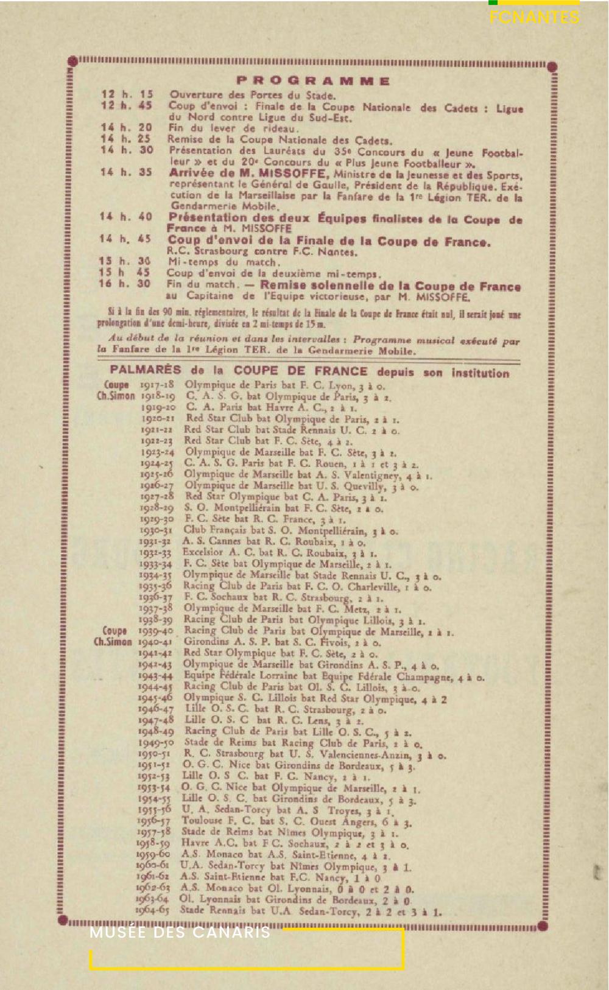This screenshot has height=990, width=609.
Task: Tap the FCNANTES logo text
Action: tap(534, 18)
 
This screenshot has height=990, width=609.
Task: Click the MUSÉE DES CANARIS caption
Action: tap(180, 933)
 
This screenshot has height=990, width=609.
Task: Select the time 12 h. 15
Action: tap(127, 94)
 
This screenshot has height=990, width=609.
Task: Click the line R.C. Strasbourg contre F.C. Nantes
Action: tap(262, 251)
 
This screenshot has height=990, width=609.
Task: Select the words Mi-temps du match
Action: tap(224, 262)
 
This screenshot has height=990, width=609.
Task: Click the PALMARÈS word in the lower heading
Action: tap(146, 370)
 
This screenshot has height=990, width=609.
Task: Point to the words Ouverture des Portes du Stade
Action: tap(252, 94)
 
